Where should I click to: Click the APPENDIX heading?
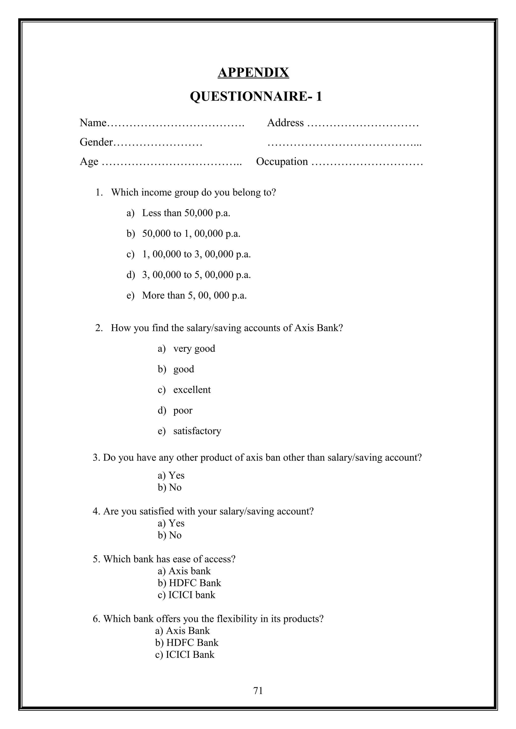pyautogui.click(x=253, y=72)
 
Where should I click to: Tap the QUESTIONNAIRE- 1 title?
pyautogui.click(x=256, y=96)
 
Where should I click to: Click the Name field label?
pyautogui.click(x=93, y=123)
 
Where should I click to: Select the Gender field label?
pyautogui.click(x=96, y=142)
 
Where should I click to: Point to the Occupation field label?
pyautogui.click(x=282, y=161)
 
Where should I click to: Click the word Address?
pyautogui.click(x=285, y=123)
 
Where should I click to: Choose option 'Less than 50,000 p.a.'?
pyautogui.click(x=186, y=213)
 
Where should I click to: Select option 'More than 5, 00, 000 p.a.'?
pyautogui.click(x=194, y=295)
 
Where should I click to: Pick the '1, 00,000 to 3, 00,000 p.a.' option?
pyautogui.click(x=196, y=254)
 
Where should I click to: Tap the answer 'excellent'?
pyautogui.click(x=192, y=390)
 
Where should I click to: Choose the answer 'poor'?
pyautogui.click(x=183, y=410)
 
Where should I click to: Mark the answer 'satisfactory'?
pyautogui.click(x=197, y=431)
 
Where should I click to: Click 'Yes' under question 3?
pyautogui.click(x=176, y=475)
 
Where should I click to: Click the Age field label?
pyautogui.click(x=89, y=161)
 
